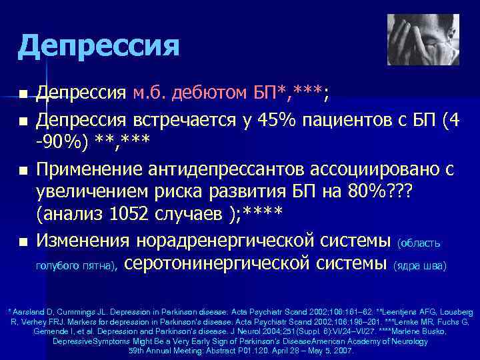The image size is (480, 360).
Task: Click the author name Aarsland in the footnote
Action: point(26,313)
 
